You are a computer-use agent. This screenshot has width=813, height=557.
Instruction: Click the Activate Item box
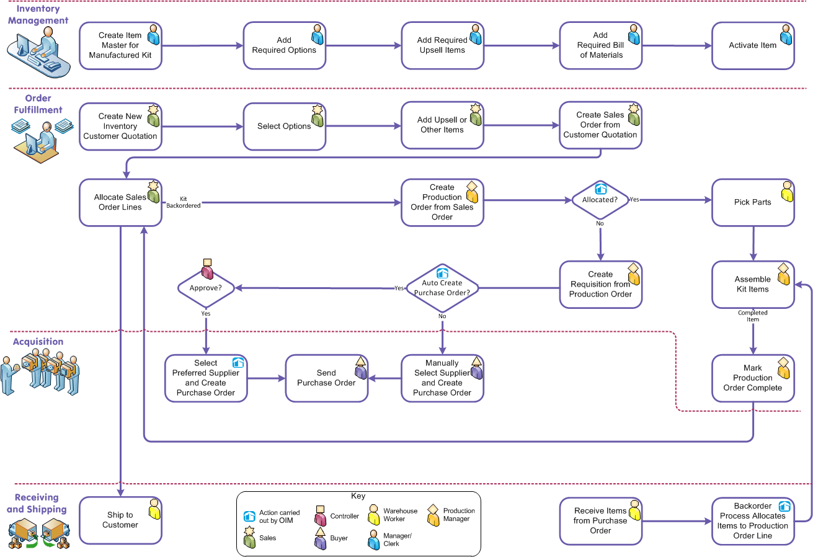coord(752,45)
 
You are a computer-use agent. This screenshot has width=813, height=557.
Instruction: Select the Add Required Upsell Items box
coord(442,45)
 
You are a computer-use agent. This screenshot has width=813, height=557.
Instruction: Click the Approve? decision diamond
coord(206,288)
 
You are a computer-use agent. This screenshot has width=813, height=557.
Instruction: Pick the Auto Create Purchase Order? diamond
coord(442,288)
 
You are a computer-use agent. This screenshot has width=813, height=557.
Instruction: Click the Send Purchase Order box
coord(326,378)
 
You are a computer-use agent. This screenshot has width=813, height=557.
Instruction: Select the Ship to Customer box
coord(120,520)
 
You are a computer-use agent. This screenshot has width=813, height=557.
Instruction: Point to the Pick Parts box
coord(752,202)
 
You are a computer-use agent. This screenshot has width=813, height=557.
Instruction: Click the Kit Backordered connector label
coord(183,202)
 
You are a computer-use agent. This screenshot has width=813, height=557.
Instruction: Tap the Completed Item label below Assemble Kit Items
coord(753,316)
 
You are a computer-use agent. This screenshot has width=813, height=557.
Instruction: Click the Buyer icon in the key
coord(321,538)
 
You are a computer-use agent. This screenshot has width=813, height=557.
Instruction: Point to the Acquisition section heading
coord(38,342)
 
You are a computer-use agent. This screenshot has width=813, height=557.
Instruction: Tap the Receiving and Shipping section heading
coord(37,503)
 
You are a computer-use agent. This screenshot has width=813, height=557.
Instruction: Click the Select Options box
coord(284,126)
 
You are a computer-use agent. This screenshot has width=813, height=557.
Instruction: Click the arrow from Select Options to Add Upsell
coord(363,126)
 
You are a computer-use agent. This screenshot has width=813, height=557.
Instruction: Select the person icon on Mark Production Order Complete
coord(783,368)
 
